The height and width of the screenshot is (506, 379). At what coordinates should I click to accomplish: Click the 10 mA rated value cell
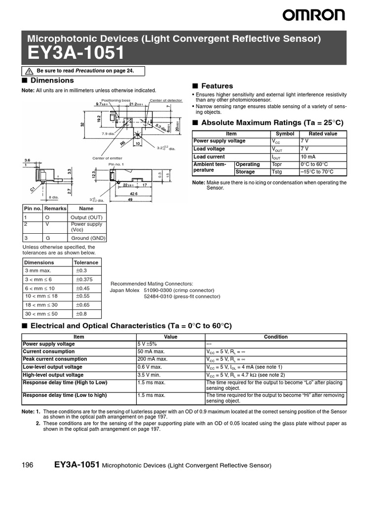click(308, 157)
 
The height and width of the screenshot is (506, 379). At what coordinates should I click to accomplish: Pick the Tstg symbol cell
click(277, 172)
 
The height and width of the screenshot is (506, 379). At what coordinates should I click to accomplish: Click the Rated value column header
click(323, 133)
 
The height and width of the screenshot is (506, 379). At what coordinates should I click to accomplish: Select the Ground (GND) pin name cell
click(88, 238)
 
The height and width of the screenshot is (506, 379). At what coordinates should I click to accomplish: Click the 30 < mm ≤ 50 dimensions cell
click(41, 314)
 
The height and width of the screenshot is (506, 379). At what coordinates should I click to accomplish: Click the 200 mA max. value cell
click(152, 359)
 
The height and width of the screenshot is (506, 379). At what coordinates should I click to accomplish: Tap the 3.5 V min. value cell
click(150, 375)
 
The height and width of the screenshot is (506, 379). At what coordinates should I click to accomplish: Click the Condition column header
click(275, 337)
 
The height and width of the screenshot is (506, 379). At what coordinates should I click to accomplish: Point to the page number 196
click(28, 465)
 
